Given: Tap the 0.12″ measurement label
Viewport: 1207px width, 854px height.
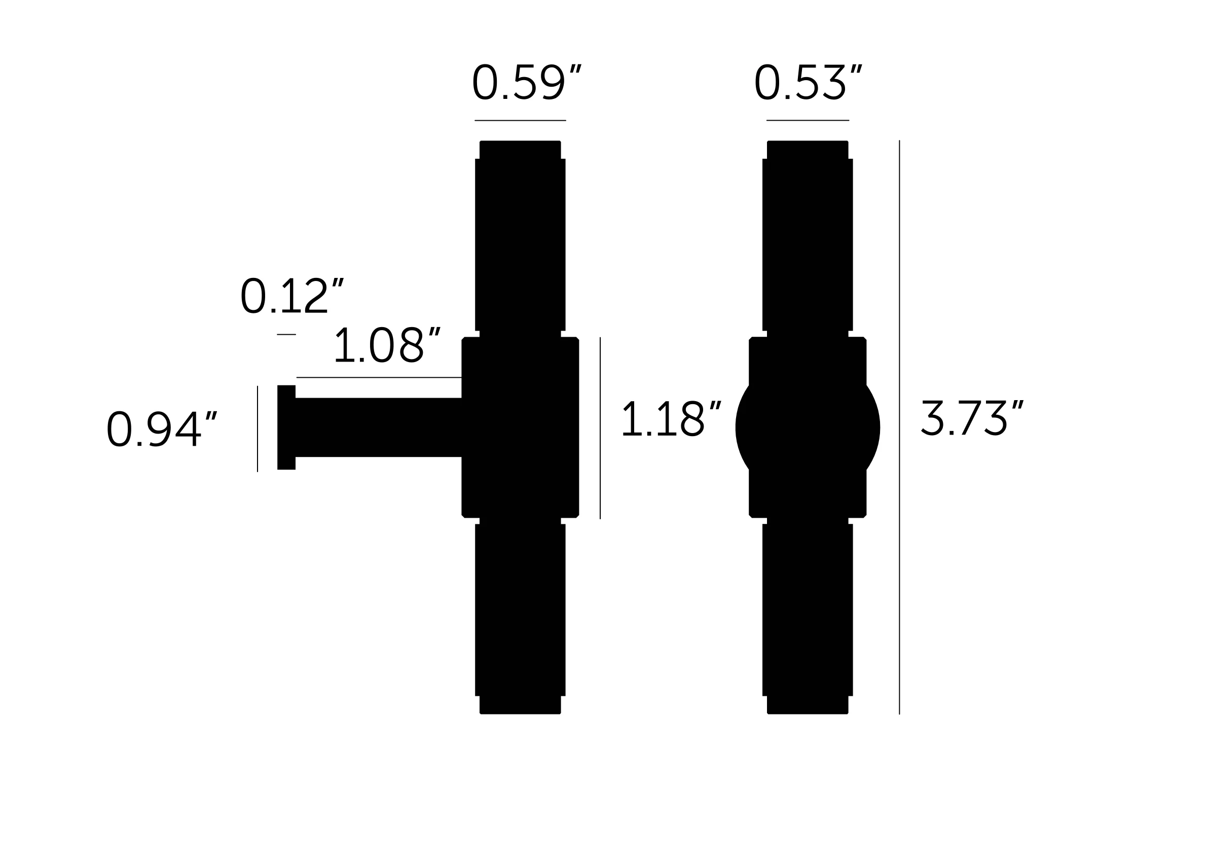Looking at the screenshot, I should tap(292, 296).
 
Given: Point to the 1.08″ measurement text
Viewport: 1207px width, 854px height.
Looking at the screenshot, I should tap(387, 345).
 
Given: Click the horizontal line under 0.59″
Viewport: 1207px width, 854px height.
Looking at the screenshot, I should tap(520, 120).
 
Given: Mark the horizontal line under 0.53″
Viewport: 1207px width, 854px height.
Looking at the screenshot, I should tap(808, 120).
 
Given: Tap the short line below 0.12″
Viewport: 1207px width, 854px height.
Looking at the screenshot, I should tap(286, 334).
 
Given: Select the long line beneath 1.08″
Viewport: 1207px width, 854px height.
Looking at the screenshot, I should tap(379, 378).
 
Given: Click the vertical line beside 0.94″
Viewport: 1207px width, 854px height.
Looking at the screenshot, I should tap(258, 429).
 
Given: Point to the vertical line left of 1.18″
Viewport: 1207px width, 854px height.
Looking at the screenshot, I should tap(600, 428).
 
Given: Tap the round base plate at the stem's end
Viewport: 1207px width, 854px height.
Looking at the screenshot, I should tap(286, 428).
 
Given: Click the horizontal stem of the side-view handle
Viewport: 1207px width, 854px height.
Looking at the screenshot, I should tap(379, 428).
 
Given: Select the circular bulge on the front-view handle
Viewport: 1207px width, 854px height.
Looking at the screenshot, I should tap(808, 428).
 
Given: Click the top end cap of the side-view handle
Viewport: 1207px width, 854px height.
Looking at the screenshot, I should tap(520, 150).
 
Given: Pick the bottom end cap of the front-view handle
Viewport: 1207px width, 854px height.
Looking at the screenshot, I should tap(808, 705).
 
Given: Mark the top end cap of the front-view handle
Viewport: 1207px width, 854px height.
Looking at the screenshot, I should tap(808, 150).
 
